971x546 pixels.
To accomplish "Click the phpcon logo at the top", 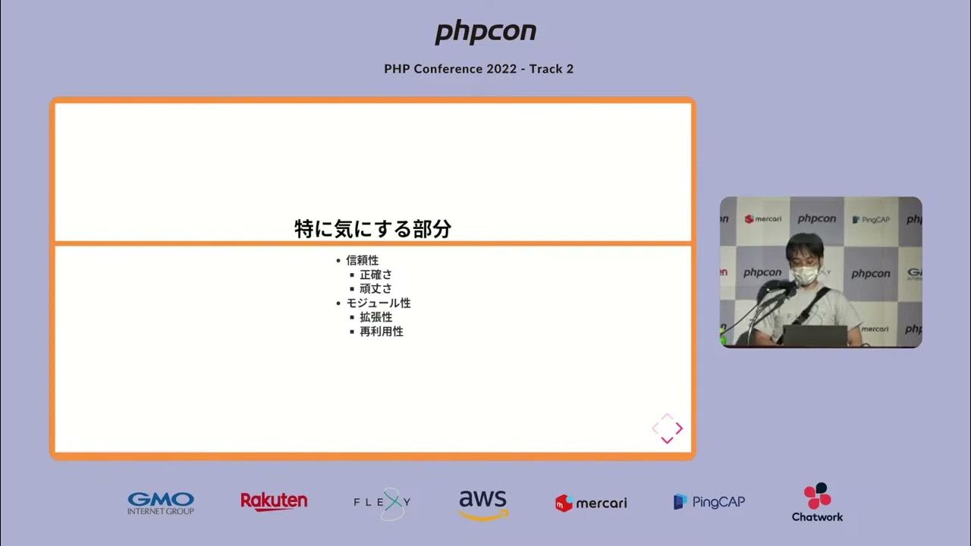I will [x=485, y=32].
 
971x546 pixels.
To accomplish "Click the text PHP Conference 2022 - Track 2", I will [x=479, y=69].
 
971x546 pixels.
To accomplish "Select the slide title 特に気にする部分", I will [x=372, y=228].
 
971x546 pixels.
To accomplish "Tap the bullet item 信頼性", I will [x=362, y=260].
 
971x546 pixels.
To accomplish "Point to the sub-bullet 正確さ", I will [x=376, y=275].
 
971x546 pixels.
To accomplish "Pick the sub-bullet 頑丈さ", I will [x=376, y=289].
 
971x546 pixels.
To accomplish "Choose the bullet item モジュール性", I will [x=378, y=303].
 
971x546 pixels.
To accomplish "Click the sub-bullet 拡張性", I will [x=376, y=317].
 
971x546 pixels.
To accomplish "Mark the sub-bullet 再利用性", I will [x=381, y=331].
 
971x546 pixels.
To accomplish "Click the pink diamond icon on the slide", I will [x=667, y=428].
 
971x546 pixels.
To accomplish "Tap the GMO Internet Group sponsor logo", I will [x=161, y=503].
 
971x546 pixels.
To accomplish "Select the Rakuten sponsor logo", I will [x=274, y=502].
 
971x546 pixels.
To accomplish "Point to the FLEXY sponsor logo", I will [x=383, y=503].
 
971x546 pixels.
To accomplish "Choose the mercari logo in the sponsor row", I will [x=591, y=503].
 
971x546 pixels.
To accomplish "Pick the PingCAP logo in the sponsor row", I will [x=709, y=502].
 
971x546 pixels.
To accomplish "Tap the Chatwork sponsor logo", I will [x=817, y=503].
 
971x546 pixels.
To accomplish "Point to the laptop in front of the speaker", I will [x=814, y=335].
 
